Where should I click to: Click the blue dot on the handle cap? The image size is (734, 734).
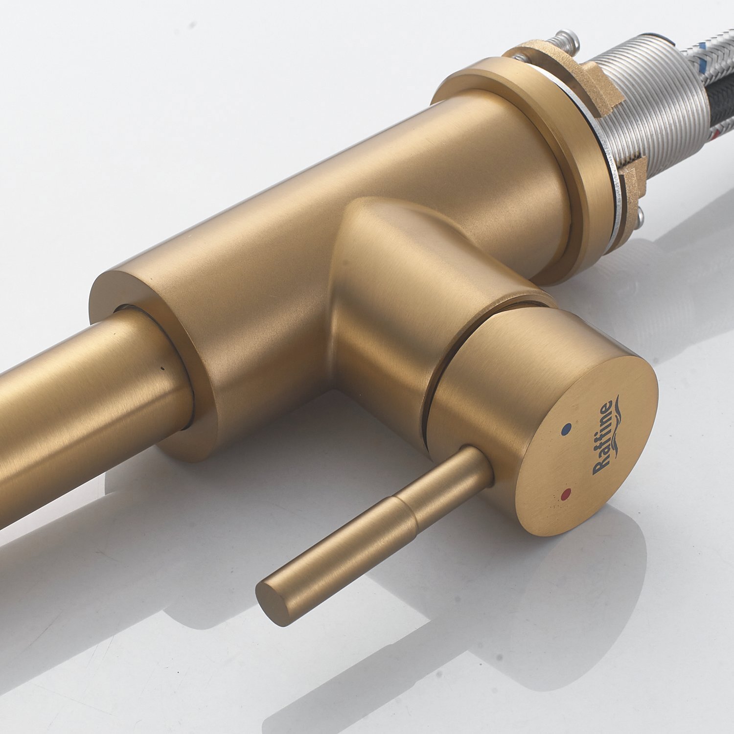[x=567, y=429]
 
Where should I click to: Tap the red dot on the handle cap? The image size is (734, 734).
[x=567, y=493]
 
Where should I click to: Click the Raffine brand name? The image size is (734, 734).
[x=602, y=438]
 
